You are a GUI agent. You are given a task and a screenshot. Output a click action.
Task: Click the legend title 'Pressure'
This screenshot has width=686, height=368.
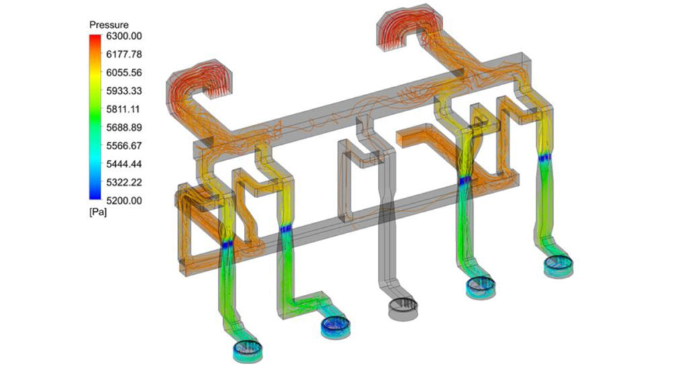pyautogui.click(x=109, y=25)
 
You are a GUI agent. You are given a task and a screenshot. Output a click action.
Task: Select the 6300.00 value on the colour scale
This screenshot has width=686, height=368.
pyautogui.click(x=124, y=36)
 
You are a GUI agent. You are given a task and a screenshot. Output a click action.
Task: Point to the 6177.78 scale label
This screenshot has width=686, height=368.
pyautogui.click(x=124, y=54)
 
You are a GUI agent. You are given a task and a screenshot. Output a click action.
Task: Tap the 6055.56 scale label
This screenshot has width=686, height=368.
pyautogui.click(x=124, y=72)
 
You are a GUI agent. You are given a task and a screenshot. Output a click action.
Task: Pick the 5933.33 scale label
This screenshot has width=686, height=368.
pyautogui.click(x=124, y=91)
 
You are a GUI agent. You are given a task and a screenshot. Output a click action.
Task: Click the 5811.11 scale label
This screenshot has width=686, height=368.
pyautogui.click(x=124, y=109)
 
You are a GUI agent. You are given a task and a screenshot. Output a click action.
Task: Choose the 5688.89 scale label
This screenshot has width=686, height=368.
pyautogui.click(x=124, y=127)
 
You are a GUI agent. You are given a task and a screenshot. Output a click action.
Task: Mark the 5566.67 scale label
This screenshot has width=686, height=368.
pyautogui.click(x=124, y=145)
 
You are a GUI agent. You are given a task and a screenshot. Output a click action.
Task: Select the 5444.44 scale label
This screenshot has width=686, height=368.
pyautogui.click(x=124, y=164)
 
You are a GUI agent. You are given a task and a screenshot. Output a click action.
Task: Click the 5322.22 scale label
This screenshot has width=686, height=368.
pyautogui.click(x=124, y=182)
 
